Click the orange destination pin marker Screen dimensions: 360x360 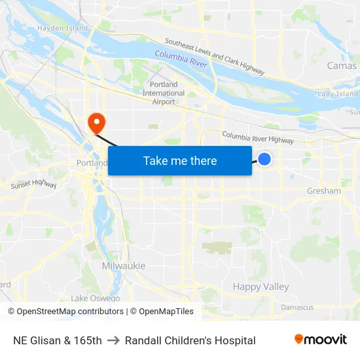coord(96,121)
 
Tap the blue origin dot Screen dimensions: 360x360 coord(264,159)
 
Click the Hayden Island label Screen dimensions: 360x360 coord(62,28)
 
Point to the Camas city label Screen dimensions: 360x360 coord(341,65)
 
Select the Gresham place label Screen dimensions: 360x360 coord(324,191)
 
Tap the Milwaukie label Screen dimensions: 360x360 coord(124,266)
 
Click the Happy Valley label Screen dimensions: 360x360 coord(261,287)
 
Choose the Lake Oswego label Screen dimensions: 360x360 coord(96,298)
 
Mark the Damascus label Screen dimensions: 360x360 coord(297,307)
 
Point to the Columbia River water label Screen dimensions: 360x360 coord(181,59)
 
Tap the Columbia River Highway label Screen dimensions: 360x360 coord(257,137)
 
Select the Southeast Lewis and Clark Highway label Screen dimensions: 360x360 coord(215,56)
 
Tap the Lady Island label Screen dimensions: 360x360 coord(338,94)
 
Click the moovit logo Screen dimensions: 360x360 coord(320,340)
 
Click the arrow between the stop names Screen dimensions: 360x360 coord(113,340)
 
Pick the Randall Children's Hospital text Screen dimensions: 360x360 coord(190,340)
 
